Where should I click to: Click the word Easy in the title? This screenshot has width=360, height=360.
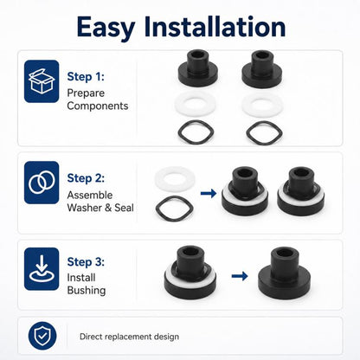click(106, 28)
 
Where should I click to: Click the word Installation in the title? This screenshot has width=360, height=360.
click(215, 27)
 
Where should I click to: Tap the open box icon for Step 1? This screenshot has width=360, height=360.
click(42, 81)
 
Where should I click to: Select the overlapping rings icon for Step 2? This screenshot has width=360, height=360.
click(42, 183)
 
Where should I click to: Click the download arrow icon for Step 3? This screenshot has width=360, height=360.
click(42, 268)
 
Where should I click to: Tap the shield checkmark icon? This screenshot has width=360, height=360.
click(42, 336)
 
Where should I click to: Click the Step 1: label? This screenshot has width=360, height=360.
click(86, 77)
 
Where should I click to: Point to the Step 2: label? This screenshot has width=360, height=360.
click(86, 178)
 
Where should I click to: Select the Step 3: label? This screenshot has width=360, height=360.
click(86, 261)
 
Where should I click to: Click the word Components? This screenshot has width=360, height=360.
click(98, 106)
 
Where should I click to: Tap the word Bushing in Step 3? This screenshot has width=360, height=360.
click(87, 290)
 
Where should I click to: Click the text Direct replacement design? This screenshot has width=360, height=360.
click(129, 337)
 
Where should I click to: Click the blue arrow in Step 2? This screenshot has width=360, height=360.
click(209, 193)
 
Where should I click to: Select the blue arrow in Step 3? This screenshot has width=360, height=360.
click(240, 276)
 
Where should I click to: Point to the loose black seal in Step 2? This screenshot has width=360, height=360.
click(158, 208)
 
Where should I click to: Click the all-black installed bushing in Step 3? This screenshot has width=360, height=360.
click(284, 273)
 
